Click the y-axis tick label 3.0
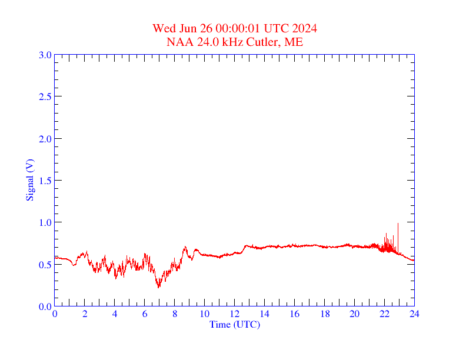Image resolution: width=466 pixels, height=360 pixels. pyautogui.click(x=45, y=55)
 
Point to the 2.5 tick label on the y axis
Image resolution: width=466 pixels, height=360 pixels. pyautogui.click(x=45, y=96)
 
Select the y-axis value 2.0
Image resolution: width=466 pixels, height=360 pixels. pyautogui.click(x=45, y=139)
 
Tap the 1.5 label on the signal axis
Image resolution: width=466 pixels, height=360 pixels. pyautogui.click(x=45, y=181)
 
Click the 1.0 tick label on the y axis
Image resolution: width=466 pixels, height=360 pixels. pyautogui.click(x=45, y=222)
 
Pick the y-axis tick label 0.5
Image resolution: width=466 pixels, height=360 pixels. pyautogui.click(x=45, y=265)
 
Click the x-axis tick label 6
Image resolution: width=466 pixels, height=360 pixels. pyautogui.click(x=145, y=314)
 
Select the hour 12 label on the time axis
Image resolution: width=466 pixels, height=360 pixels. pyautogui.click(x=235, y=314)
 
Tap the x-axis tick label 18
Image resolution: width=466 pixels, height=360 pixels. pyautogui.click(x=325, y=314)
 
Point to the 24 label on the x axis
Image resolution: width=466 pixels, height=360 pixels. pyautogui.click(x=414, y=314)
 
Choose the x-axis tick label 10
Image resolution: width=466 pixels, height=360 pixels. pyautogui.click(x=205, y=314)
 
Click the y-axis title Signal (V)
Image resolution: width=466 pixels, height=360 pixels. pyautogui.click(x=29, y=180)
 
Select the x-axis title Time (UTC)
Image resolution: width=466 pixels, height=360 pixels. pyautogui.click(x=234, y=324)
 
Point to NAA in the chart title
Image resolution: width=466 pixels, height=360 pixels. pyautogui.click(x=178, y=42)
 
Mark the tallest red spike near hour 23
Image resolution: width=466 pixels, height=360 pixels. pyautogui.click(x=398, y=224)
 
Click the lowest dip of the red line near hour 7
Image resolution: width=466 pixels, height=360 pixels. pyautogui.click(x=158, y=287)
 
